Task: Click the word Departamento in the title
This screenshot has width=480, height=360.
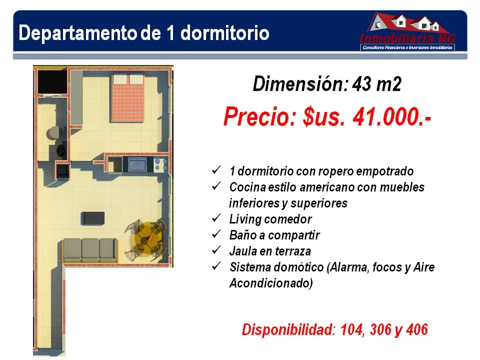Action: (77, 33)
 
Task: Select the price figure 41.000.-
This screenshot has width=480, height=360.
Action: (392, 116)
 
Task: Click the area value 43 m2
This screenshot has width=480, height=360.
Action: (376, 83)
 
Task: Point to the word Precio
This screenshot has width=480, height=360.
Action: (260, 116)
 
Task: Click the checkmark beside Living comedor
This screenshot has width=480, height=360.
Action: (216, 218)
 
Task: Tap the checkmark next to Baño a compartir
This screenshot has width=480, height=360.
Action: (216, 234)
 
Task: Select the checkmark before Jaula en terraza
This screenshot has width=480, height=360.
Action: (216, 250)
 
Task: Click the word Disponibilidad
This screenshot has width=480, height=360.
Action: (288, 330)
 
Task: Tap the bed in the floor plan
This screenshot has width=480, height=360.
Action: (128, 97)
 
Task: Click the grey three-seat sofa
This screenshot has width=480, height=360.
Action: (90, 250)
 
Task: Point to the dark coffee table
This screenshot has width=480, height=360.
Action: (93, 218)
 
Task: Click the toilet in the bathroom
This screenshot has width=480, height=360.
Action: (53, 133)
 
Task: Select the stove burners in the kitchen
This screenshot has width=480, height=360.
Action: (160, 164)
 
